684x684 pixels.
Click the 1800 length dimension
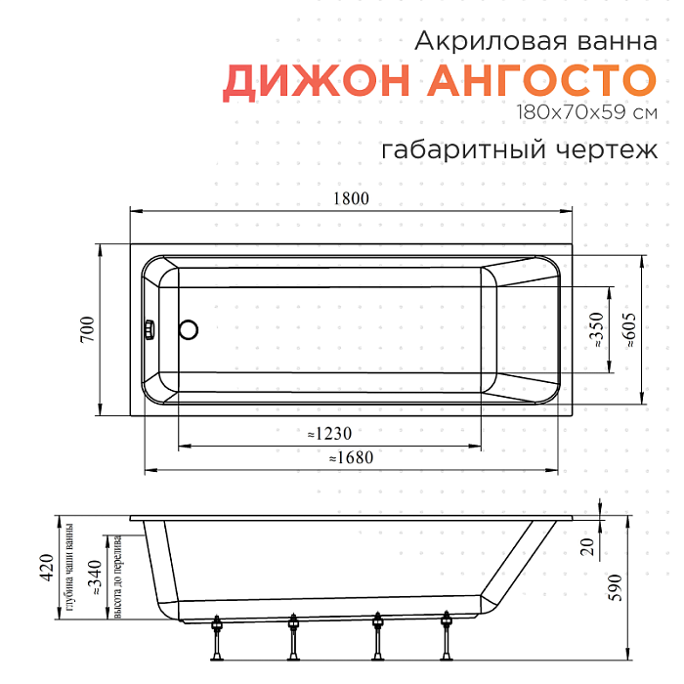(x=351, y=198)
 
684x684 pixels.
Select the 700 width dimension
(x=86, y=328)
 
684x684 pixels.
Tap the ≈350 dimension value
(x=596, y=330)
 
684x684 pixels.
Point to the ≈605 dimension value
(x=630, y=329)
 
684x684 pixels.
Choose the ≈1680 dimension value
(x=351, y=457)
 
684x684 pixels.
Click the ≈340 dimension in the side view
(x=94, y=578)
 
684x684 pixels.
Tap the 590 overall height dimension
(x=616, y=585)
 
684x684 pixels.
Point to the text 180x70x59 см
(x=586, y=112)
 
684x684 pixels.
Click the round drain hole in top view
(x=190, y=329)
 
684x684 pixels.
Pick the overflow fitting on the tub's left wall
(x=150, y=329)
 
